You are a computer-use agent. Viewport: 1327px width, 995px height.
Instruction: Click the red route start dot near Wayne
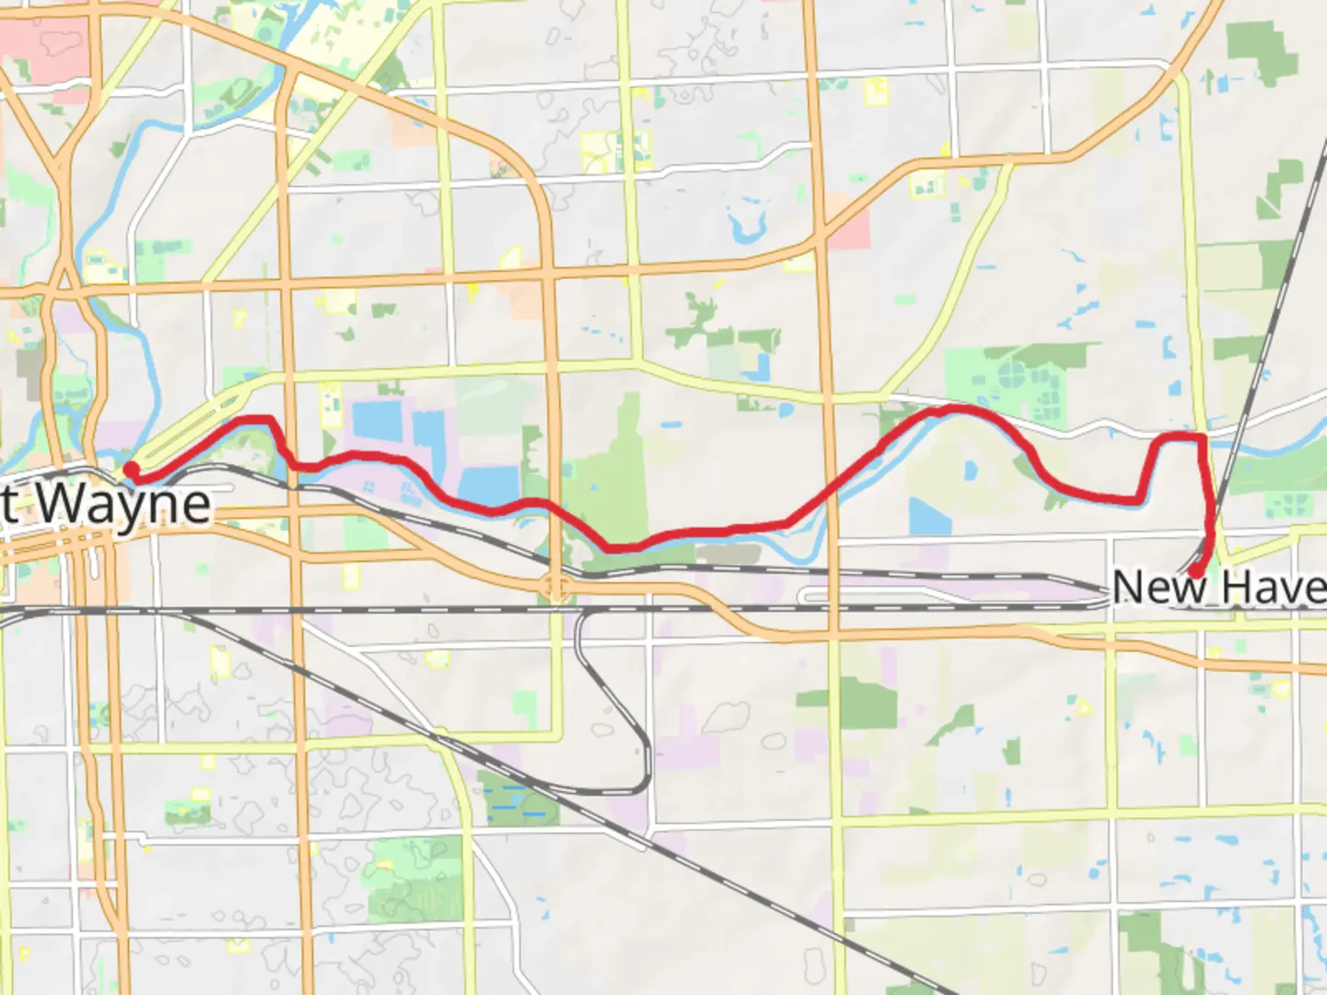[x=133, y=470]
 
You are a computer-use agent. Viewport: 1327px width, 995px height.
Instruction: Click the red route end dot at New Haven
[x=1194, y=570]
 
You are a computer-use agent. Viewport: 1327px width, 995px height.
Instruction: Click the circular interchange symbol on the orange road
[x=554, y=587]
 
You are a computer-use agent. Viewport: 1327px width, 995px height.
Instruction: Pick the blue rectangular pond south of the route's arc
[x=929, y=517]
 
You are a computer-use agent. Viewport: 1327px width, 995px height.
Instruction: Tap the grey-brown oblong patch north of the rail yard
[x=727, y=553]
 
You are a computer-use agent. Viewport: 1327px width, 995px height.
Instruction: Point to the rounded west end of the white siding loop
[x=807, y=597]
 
